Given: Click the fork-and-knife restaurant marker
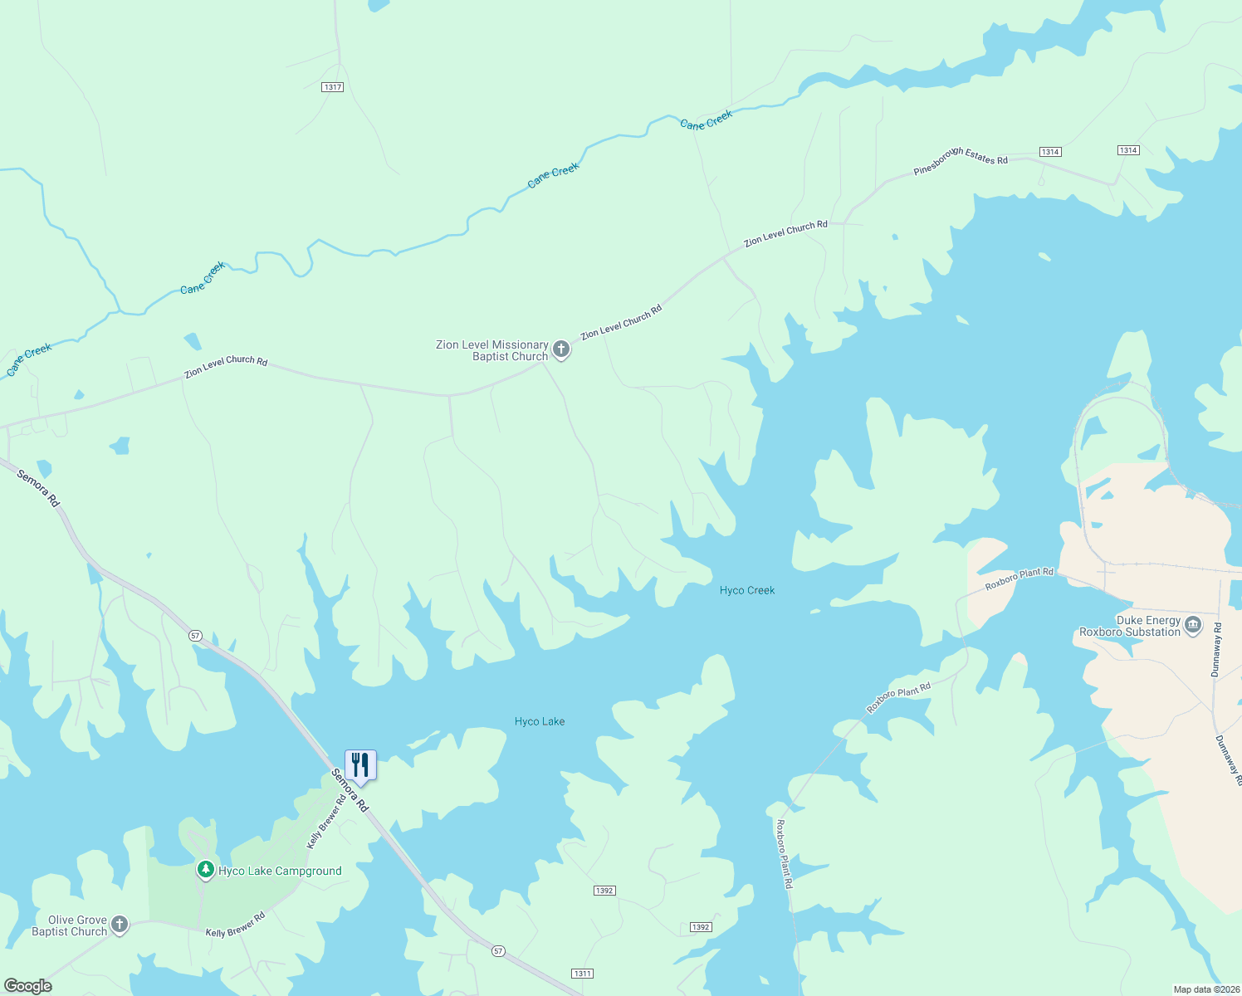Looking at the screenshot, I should pos(360,765).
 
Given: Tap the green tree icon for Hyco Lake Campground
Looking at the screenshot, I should pos(205,870).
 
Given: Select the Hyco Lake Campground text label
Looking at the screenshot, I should pos(280,871).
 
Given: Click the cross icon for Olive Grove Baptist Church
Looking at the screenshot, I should pos(120,925).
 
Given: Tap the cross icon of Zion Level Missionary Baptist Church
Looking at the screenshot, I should pos(561,349).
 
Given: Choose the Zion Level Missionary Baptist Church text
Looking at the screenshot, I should pos(492,350).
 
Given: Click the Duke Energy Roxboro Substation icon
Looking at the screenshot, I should pos(1193,625).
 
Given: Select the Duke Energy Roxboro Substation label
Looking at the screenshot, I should pos(1130,626).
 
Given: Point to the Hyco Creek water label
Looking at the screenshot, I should pos(747,590).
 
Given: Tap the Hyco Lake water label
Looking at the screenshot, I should pos(540,721).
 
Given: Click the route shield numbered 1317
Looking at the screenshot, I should pos(333,87).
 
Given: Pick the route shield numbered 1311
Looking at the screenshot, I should pos(582,974).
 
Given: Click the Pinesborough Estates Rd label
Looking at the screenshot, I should pos(961,159).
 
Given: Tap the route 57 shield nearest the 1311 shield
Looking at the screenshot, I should pos(498,951).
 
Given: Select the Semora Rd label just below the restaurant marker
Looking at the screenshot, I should pos(350,790).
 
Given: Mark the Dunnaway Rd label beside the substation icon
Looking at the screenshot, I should pos(1217,650).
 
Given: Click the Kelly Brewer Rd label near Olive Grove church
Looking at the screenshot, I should pos(235,925).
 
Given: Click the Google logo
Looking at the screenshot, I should pos(27,986).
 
